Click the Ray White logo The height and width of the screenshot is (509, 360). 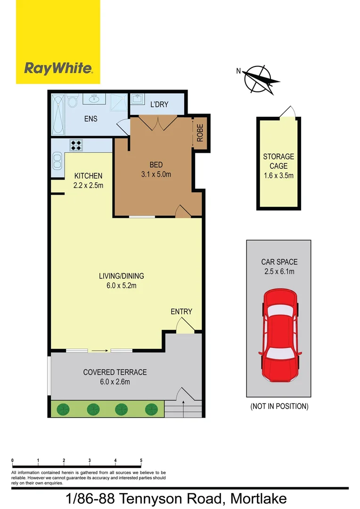coord(58,69)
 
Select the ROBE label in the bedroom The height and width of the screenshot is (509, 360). coord(200,133)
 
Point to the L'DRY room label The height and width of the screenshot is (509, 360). coord(159,104)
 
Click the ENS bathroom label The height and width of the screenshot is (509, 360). coord(90,119)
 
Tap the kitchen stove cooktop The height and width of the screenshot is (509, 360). coord(76,145)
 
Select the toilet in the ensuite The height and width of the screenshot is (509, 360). coord(72,101)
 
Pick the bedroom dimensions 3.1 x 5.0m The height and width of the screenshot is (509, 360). coord(156,174)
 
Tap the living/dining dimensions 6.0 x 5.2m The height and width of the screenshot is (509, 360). coord(121,285)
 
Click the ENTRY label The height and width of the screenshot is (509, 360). coord(181,312)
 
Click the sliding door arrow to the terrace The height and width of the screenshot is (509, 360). coord(99,351)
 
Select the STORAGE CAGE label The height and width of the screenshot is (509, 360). coord(278,161)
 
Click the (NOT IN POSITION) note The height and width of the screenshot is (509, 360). coord(279,406)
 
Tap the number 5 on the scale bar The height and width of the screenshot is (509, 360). coord(141,460)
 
